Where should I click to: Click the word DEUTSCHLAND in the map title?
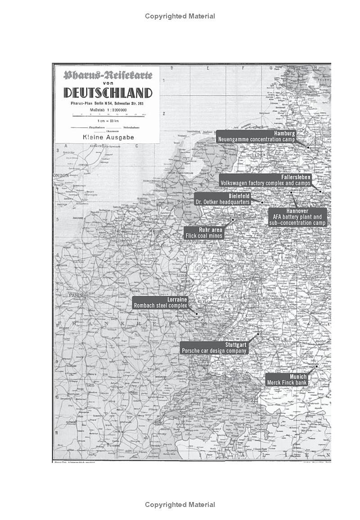(108, 93)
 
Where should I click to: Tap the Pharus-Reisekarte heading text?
(108, 75)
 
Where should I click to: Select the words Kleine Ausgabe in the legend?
(108, 137)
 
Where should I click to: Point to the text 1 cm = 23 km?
(108, 121)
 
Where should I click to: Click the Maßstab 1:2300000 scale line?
(108, 110)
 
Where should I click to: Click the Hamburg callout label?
(284, 134)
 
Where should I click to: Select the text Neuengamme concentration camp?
(256, 140)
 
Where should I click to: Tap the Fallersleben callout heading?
(296, 177)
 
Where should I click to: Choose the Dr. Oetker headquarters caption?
(222, 202)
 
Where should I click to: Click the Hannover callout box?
(297, 217)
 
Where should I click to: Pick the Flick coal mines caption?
(204, 236)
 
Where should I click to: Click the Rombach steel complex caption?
(160, 305)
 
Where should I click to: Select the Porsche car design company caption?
(214, 350)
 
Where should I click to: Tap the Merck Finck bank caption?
(287, 383)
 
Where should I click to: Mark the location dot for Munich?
(316, 366)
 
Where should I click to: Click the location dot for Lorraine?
(197, 314)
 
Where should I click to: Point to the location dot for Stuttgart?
(258, 334)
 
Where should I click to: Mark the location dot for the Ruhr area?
(233, 220)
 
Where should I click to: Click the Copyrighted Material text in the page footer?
(180, 505)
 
